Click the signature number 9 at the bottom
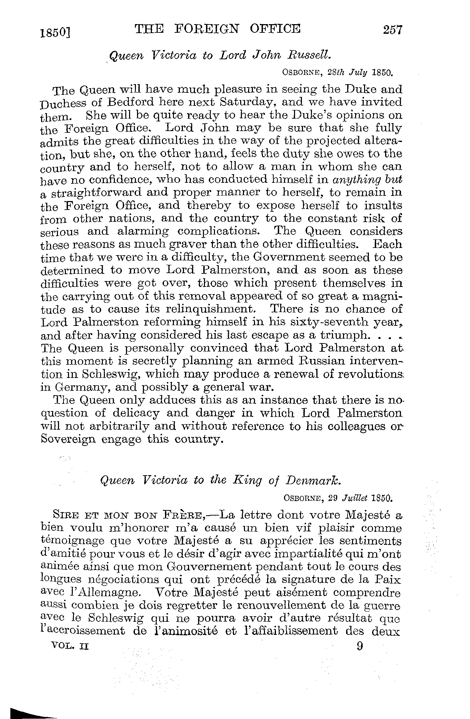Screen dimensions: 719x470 tap(360, 646)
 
